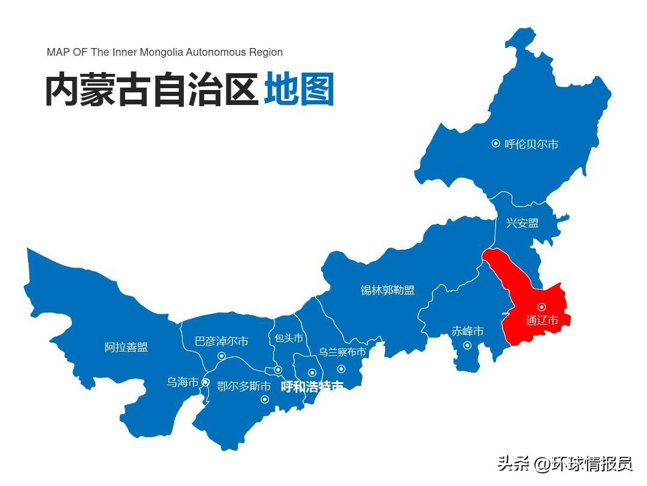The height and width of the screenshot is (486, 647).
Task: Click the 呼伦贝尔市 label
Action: (x=531, y=144)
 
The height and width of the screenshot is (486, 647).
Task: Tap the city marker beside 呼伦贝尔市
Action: (x=495, y=143)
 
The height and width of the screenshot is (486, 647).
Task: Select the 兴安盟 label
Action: (x=522, y=223)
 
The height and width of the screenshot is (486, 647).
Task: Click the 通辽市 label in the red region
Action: (x=542, y=320)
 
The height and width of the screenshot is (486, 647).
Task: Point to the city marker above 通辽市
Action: (x=542, y=307)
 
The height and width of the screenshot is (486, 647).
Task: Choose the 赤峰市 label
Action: (x=467, y=331)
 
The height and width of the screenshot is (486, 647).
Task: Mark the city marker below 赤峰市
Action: (x=467, y=345)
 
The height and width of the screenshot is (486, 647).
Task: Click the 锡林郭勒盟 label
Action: (x=388, y=290)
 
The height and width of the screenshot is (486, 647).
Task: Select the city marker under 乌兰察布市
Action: (x=341, y=369)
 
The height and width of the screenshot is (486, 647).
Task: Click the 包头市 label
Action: (x=289, y=338)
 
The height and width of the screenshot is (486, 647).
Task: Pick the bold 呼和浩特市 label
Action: (x=312, y=387)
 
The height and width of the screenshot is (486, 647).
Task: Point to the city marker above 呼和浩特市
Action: (x=312, y=373)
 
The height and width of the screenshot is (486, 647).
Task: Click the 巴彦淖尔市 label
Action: (x=222, y=341)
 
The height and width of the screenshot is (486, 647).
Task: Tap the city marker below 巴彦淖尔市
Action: (x=222, y=356)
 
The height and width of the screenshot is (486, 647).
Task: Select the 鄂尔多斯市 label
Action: (x=244, y=386)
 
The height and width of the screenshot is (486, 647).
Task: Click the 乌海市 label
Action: (x=182, y=382)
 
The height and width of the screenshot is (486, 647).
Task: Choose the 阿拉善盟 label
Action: (x=126, y=347)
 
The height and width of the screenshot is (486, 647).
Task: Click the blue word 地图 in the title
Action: (x=299, y=90)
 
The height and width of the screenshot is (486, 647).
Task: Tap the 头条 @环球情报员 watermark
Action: (x=564, y=464)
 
